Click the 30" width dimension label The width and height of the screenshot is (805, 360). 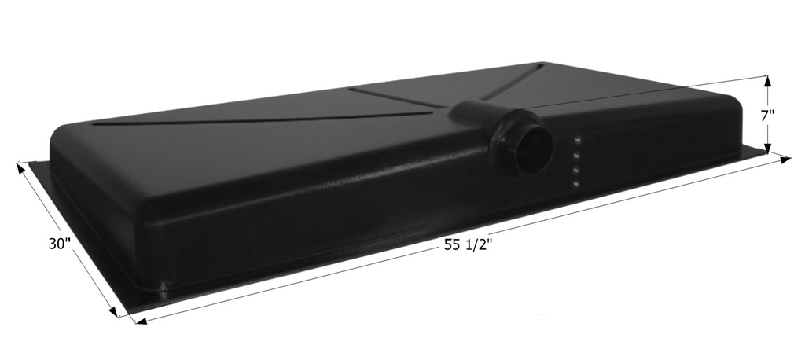[59, 244]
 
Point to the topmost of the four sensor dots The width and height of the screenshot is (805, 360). [578, 141]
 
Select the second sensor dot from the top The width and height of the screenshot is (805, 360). [577, 156]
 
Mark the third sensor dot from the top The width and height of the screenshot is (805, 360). [576, 170]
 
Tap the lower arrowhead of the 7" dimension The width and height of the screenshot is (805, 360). [768, 147]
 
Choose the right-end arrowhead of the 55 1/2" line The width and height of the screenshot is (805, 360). [785, 160]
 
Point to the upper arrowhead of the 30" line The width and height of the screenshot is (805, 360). [20, 167]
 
